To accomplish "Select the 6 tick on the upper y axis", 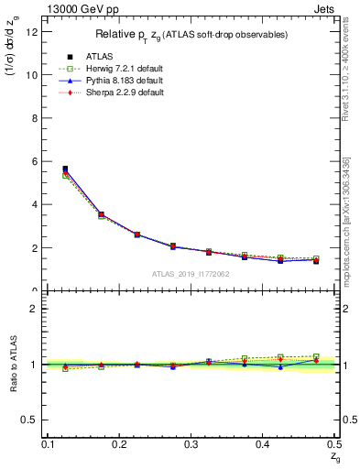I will click(x=37, y=161).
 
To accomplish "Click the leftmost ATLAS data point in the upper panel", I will click(x=65, y=169).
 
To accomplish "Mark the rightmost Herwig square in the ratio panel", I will click(x=316, y=356).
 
